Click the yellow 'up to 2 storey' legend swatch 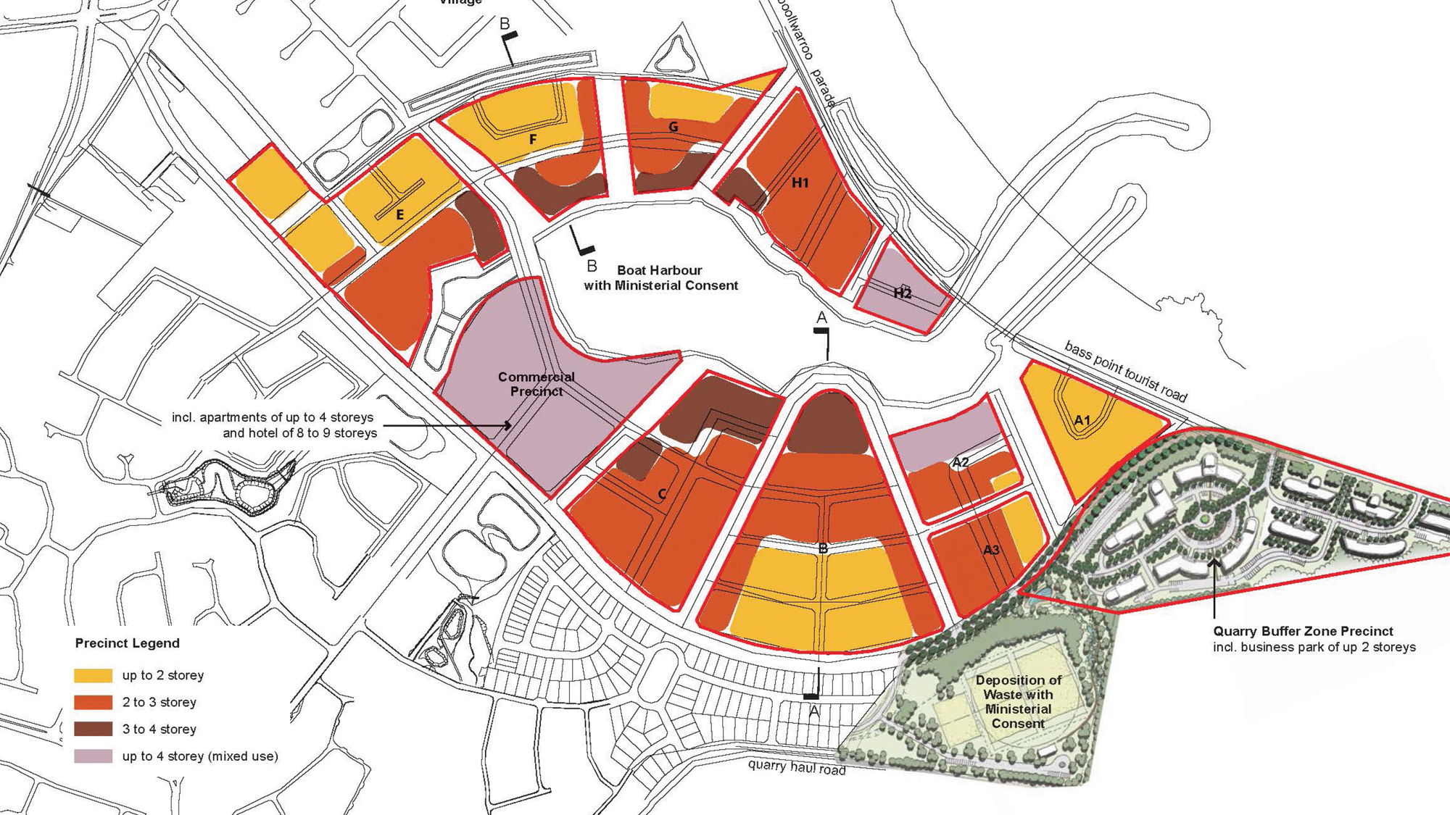coord(94,675)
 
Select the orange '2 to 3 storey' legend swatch coord(94,702)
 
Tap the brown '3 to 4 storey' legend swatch coord(94,729)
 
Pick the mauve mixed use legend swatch coord(94,756)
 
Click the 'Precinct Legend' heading coord(127,643)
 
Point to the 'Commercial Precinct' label coord(536,384)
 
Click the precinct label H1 coord(800,183)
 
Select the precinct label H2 coord(903,293)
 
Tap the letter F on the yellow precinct coord(533,139)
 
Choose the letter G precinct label coord(674,128)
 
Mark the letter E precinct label coord(399,215)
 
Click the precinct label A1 coord(1082,420)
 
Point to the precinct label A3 coord(991,550)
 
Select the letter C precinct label coord(662,495)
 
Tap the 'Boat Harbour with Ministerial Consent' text coord(660,278)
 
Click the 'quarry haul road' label coord(797,766)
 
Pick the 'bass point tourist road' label coord(1125,372)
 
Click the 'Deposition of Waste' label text coord(1018,701)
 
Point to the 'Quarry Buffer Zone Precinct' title coord(1303,631)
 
